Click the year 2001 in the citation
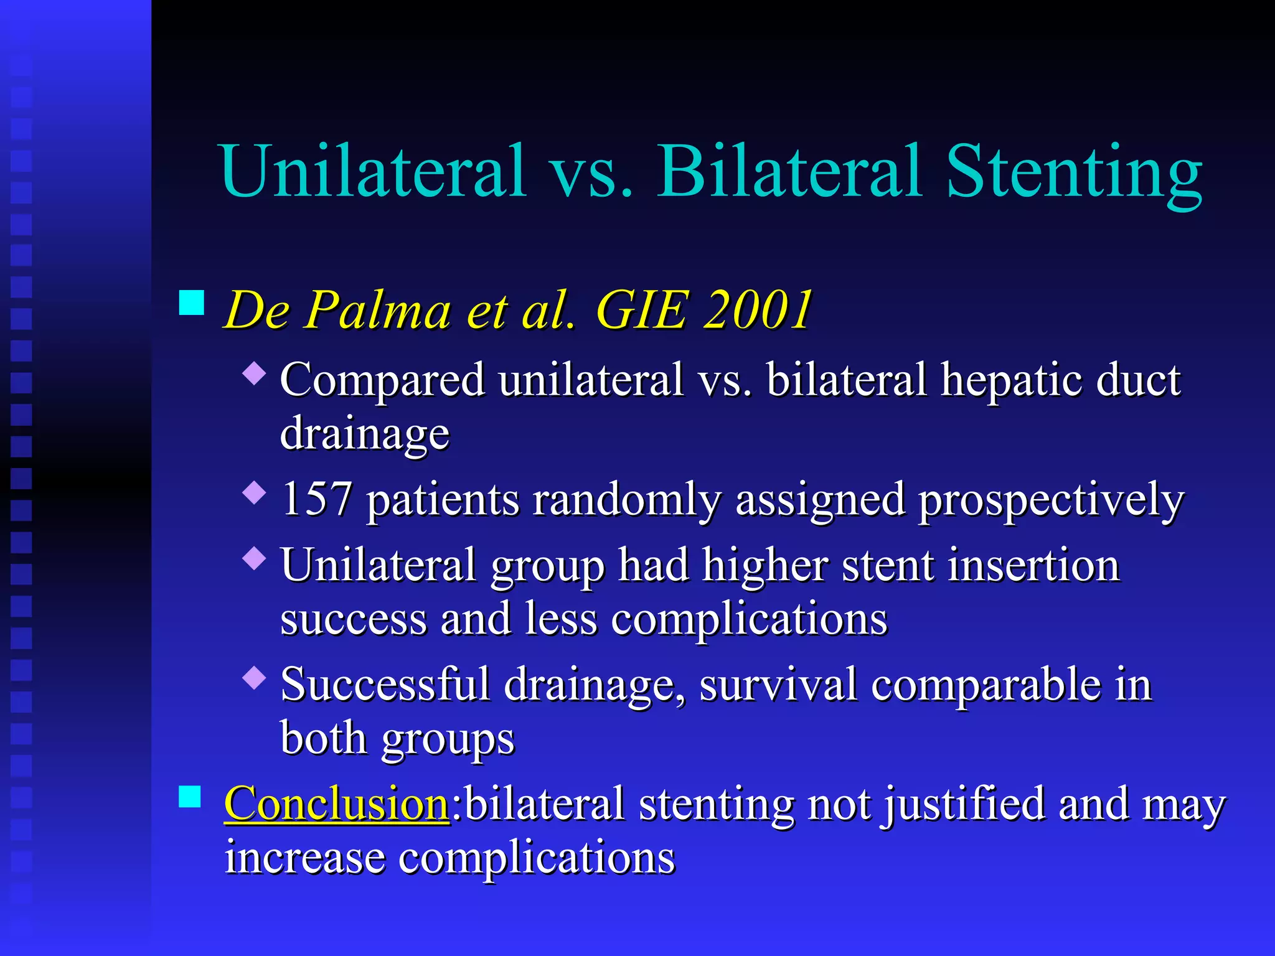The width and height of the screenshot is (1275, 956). click(x=757, y=309)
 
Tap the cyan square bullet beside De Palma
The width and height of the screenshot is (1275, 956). click(x=191, y=302)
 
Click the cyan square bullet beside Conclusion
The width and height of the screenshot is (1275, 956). click(x=190, y=796)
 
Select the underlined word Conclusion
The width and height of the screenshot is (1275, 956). click(x=336, y=803)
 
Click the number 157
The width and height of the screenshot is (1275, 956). click(x=316, y=499)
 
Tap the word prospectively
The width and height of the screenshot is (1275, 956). click(x=1051, y=500)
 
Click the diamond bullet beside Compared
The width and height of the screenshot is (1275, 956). click(x=255, y=374)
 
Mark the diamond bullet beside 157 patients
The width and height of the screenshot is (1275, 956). click(x=255, y=494)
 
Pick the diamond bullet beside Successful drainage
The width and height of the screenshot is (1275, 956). click(x=255, y=677)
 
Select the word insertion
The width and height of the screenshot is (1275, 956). click(x=1033, y=565)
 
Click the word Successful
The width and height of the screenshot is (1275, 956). click(x=385, y=684)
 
